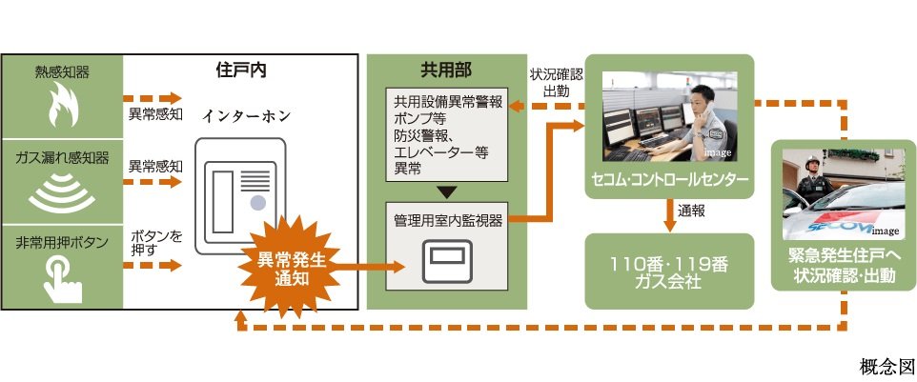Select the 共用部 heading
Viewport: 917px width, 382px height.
(446, 70)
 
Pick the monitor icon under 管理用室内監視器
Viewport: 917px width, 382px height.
(446, 259)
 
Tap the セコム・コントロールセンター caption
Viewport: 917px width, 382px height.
(668, 179)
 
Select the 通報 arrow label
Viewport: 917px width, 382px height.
(690, 211)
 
